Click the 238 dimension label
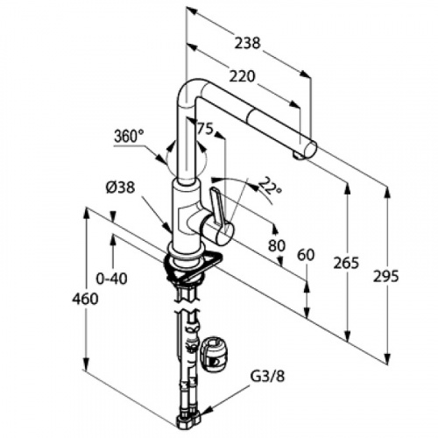247,43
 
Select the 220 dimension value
242,76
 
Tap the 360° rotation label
129,137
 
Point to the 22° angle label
270,186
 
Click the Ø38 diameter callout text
120,188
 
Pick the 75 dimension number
205,128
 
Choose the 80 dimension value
277,245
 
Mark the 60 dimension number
306,255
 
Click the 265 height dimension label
346,263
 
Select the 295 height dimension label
385,276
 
